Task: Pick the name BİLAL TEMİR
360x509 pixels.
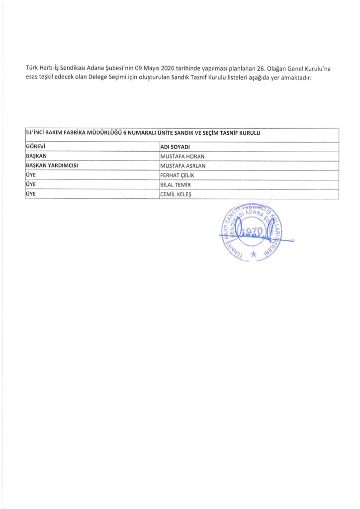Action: tap(175, 184)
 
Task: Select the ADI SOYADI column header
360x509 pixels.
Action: tap(176, 147)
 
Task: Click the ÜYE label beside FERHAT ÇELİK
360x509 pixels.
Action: tap(31, 175)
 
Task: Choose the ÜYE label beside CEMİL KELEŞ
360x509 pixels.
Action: tap(31, 194)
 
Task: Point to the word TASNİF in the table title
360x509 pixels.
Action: tap(229, 133)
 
